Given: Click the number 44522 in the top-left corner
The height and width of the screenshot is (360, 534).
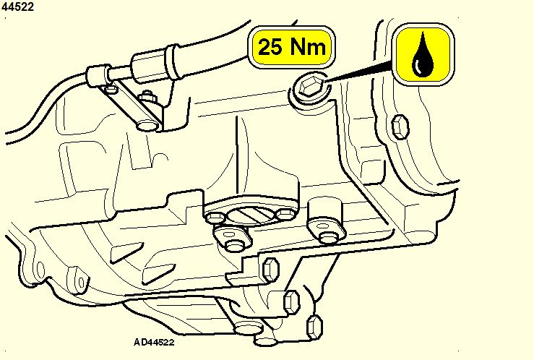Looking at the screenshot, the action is tap(17, 7).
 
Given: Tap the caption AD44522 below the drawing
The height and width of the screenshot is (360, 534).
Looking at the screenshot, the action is tap(154, 343).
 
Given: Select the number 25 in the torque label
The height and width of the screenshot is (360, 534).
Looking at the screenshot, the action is tap(270, 47).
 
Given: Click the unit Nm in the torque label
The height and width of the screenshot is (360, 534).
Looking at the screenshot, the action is tap(307, 47).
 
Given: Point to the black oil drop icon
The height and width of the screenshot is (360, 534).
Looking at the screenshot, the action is tap(423, 54).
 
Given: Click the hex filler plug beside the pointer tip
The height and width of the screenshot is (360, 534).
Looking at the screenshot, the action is tap(309, 87).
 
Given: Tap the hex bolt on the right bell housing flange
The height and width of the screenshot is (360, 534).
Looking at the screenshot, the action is tap(400, 127).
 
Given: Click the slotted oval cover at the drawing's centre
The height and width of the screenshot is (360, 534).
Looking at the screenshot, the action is tap(251, 215).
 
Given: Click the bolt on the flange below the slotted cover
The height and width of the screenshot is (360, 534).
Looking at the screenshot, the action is tap(234, 244).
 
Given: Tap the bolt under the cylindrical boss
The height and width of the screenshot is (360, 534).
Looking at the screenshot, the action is tap(329, 237).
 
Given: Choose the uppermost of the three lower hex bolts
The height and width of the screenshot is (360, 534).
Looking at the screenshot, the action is tap(271, 269).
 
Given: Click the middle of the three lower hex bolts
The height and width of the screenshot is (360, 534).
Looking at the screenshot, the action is tap(291, 302).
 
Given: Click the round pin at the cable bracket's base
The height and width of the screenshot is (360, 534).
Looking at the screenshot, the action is tap(147, 124).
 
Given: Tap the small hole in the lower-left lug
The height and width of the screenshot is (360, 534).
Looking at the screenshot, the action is tap(82, 283).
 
